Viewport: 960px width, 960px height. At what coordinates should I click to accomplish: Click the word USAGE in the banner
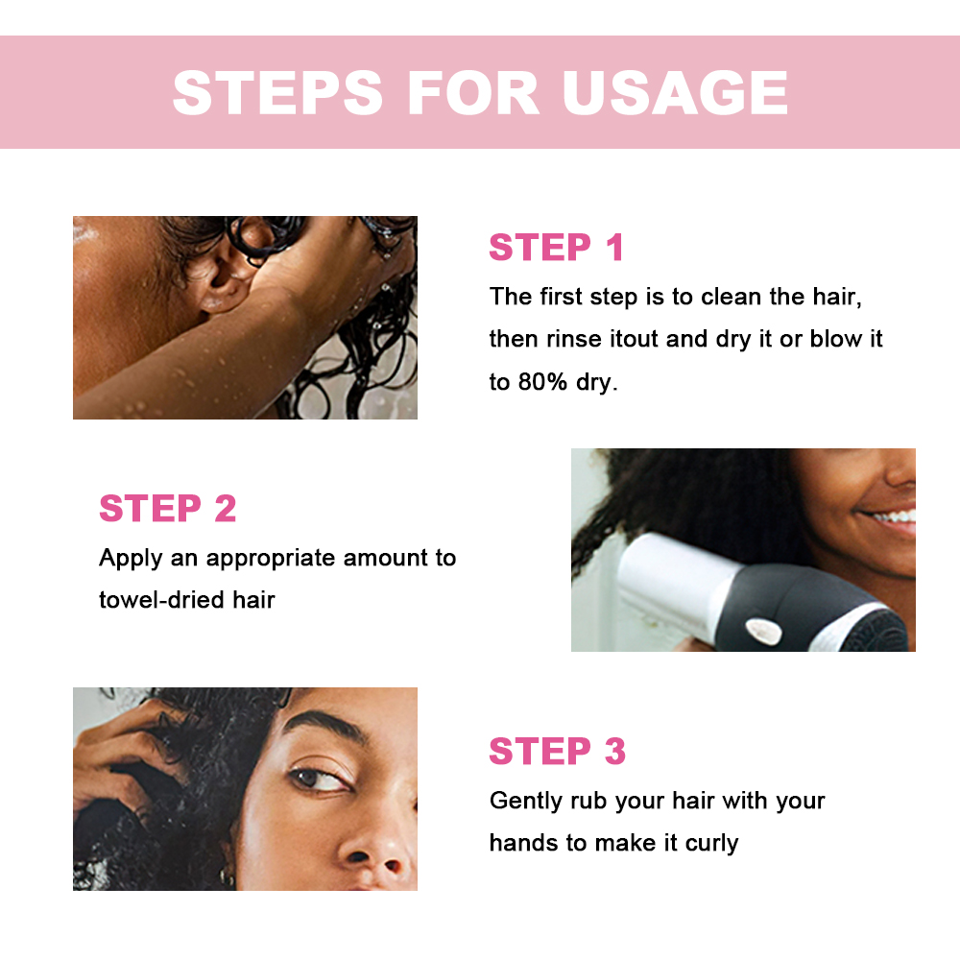click(x=675, y=93)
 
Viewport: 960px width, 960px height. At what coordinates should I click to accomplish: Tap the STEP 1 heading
click(x=557, y=248)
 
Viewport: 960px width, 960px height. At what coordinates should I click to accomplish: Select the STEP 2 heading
click(x=168, y=509)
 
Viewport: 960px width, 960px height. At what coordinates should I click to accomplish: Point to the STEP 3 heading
click(x=557, y=752)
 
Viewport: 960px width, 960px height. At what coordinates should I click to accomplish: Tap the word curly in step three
click(x=711, y=844)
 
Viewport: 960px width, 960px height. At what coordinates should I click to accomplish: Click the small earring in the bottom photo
click(x=228, y=876)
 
